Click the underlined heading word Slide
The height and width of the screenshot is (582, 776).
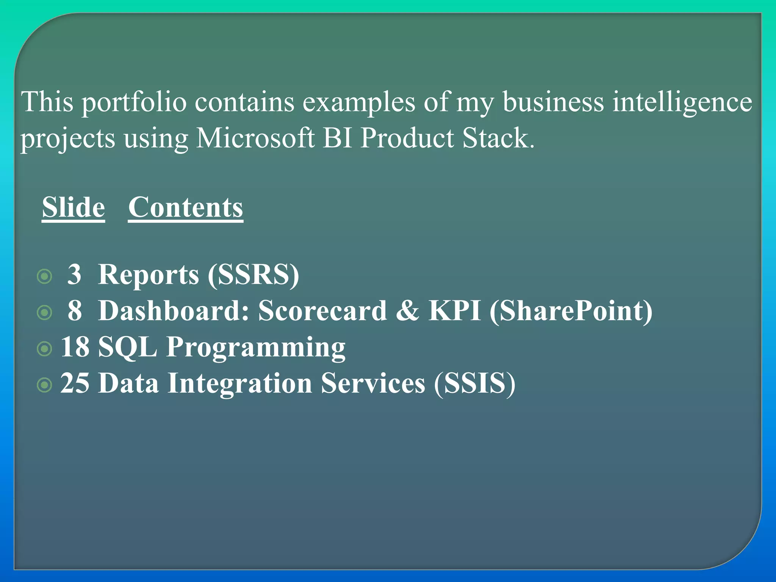tap(73, 207)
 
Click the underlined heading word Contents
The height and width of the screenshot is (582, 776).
tap(186, 207)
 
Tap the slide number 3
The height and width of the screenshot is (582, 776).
tap(74, 274)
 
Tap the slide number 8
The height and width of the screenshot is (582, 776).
tap(75, 311)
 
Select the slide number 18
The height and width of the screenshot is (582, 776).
tap(75, 347)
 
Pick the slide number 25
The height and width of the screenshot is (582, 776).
tap(75, 383)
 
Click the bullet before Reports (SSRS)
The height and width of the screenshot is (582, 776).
tap(45, 277)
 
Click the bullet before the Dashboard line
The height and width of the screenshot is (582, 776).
tap(45, 313)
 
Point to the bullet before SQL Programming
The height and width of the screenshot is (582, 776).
tap(45, 349)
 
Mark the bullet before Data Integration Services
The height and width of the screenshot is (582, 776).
tap(45, 385)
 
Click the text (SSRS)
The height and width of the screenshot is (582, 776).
tap(253, 274)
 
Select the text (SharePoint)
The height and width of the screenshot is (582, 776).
tap(571, 311)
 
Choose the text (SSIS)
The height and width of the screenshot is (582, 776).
tap(475, 383)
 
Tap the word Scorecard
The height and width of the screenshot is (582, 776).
tap(322, 311)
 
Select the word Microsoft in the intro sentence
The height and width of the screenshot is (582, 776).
tap(255, 138)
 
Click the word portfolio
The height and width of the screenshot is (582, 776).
tap(135, 102)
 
